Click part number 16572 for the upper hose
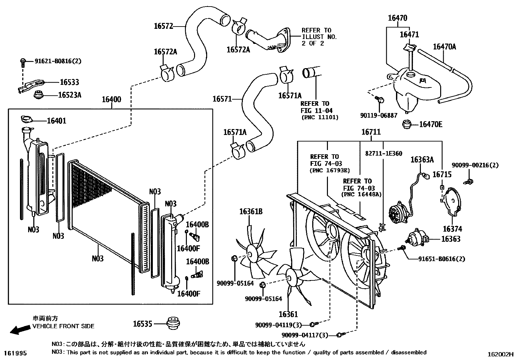point(164,26)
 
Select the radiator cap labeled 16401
point(27,119)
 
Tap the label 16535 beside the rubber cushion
point(143,324)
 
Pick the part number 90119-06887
point(379,115)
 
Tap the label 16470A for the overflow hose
point(444,47)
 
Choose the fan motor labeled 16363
point(416,238)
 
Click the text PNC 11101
point(319,117)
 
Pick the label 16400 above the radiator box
point(111,99)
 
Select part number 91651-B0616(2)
point(441,259)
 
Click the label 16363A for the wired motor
point(422,160)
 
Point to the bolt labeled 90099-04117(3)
point(340,335)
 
